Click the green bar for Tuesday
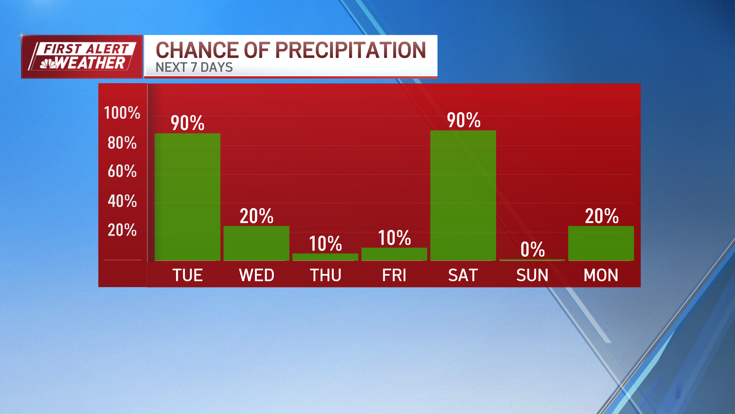point(187,197)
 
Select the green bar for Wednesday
point(256,243)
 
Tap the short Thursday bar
point(325,257)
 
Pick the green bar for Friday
point(394,254)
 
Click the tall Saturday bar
point(463,195)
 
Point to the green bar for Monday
point(601,243)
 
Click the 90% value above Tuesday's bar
point(187,123)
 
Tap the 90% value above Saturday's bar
point(464,120)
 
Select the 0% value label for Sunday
point(532,250)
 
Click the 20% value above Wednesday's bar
point(256,216)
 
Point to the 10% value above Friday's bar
point(394,238)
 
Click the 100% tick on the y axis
point(122,113)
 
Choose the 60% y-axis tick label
point(122,171)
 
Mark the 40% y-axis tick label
point(122,201)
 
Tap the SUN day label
point(532,275)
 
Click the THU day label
point(325,275)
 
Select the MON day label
point(601,275)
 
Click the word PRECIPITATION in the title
point(350,50)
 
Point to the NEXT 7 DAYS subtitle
point(194,67)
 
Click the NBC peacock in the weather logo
point(48,64)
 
